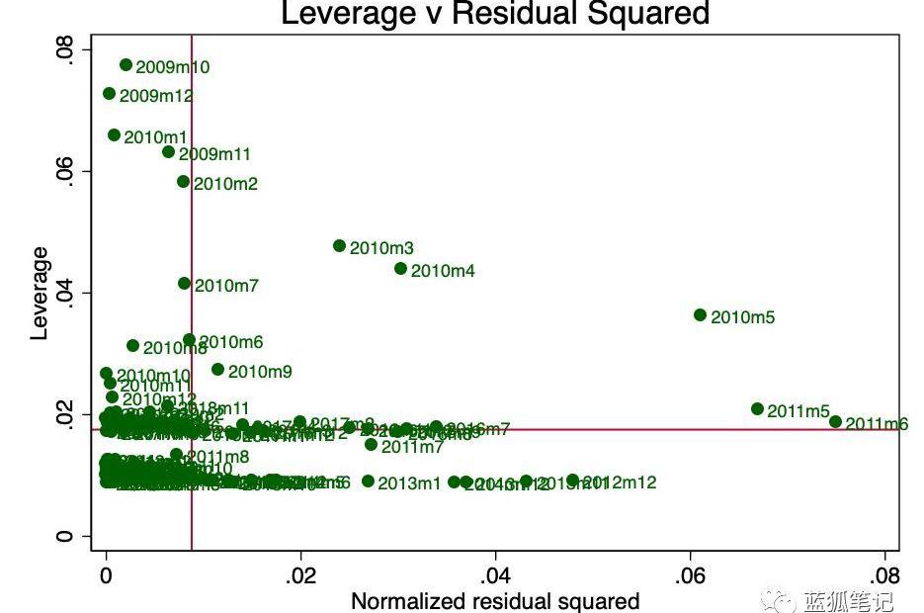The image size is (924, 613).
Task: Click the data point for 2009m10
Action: coord(126,65)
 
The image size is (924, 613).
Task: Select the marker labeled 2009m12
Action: coord(109,94)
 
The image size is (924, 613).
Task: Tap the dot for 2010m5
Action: coord(701,315)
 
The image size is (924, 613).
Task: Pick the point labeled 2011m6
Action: coord(835,421)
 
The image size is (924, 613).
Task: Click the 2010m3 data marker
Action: coord(340,246)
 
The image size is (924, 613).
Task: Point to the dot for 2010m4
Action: coord(400,269)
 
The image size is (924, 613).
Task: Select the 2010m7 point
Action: coord(184,284)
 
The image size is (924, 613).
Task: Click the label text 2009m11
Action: coord(214,154)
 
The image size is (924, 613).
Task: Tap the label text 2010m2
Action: coord(225,184)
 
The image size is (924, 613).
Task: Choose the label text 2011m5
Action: coord(798,411)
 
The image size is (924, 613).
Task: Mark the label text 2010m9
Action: coord(260,372)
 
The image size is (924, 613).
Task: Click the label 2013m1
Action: coord(409,483)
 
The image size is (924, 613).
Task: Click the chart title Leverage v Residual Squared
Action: coord(495,14)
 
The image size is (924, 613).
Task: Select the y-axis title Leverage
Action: coord(40,294)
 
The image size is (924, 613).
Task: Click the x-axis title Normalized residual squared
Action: coord(495,601)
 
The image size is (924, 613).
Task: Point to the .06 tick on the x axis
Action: coord(690,574)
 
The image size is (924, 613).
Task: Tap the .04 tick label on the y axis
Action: coord(65,293)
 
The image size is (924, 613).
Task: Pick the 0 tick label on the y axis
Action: coord(65,537)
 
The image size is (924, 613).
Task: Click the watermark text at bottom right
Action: coord(848,600)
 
